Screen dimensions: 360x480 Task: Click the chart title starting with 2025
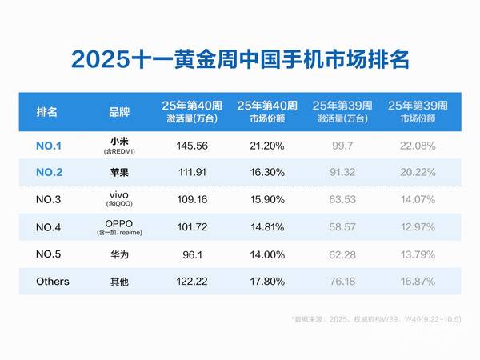240,59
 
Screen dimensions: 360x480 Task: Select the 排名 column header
47,111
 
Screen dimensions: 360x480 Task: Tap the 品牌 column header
122,111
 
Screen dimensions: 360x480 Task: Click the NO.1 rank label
50,146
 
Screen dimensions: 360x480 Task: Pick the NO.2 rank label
50,171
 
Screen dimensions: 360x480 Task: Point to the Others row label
53,282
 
